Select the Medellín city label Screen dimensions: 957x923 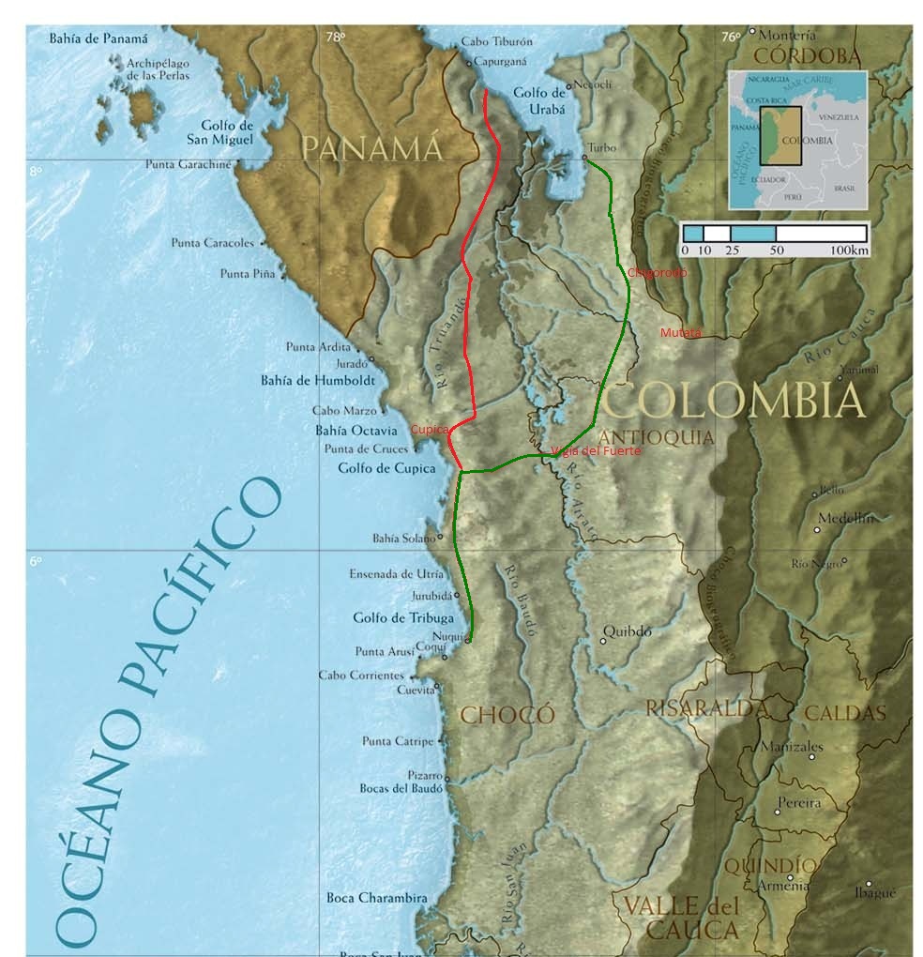click(x=845, y=518)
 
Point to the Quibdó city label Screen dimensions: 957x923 click(x=627, y=630)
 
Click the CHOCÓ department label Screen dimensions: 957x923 click(x=507, y=715)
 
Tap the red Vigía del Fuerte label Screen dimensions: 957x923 click(x=597, y=451)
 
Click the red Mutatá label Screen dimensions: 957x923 click(x=680, y=333)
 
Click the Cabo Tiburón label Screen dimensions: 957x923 click(x=497, y=42)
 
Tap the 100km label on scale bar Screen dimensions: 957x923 click(x=848, y=251)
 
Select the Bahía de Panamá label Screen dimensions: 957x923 click(x=99, y=38)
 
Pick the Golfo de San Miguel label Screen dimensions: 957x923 click(x=227, y=132)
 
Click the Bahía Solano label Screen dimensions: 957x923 click(x=403, y=539)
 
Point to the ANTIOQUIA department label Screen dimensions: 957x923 click(x=656, y=437)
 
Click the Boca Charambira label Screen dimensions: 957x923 click(x=376, y=898)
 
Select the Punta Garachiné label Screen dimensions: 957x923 click(x=188, y=164)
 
